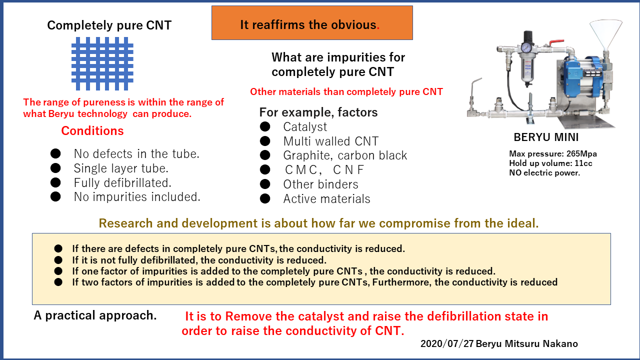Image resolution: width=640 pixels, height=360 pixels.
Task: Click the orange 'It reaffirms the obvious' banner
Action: pyautogui.click(x=312, y=23)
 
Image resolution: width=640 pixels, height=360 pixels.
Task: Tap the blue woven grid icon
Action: pyautogui.click(x=102, y=63)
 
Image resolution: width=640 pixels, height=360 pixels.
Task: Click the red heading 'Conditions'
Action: pyautogui.click(x=92, y=131)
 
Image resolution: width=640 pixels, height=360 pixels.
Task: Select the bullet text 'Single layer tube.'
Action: pyautogui.click(x=121, y=168)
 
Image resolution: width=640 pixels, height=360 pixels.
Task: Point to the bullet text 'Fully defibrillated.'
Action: pyautogui.click(x=122, y=183)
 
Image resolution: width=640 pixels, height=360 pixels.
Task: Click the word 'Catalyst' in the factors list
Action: pyautogui.click(x=305, y=127)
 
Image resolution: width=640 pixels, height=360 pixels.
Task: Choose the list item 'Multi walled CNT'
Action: pyautogui.click(x=331, y=141)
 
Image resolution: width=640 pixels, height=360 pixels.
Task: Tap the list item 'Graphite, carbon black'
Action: pyautogui.click(x=345, y=155)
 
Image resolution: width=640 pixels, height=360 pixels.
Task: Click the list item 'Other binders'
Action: pyautogui.click(x=320, y=184)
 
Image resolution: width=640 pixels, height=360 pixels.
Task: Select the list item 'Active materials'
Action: pyautogui.click(x=326, y=199)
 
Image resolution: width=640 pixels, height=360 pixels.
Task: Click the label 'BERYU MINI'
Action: pyautogui.click(x=546, y=137)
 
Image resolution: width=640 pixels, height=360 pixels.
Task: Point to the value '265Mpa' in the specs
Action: pyautogui.click(x=581, y=153)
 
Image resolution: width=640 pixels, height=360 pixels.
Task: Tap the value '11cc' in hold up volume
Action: pyautogui.click(x=583, y=163)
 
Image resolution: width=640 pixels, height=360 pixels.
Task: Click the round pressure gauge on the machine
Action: pyautogui.click(x=526, y=47)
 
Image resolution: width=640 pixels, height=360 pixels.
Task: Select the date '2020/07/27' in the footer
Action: pyautogui.click(x=447, y=343)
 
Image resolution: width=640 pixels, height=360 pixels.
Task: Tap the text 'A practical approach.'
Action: pyautogui.click(x=95, y=315)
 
